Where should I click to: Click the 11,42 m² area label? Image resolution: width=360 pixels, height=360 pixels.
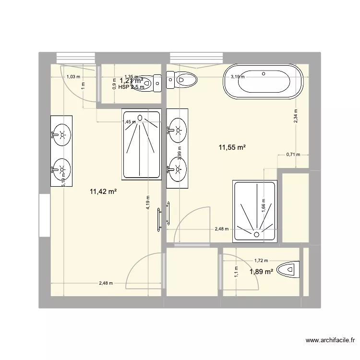(104, 192)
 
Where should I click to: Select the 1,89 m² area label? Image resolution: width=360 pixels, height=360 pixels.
(261, 272)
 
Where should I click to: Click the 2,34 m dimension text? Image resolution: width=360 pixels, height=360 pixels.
(296, 117)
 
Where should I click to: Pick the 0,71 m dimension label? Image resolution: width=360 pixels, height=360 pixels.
(293, 155)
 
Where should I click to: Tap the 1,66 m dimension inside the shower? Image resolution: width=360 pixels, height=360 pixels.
(264, 206)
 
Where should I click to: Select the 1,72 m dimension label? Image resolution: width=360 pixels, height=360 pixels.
(261, 261)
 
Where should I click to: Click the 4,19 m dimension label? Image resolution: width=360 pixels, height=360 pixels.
(148, 203)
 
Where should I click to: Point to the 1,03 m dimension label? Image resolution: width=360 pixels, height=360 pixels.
(73, 77)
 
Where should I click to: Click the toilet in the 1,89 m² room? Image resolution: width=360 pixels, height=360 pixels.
(290, 270)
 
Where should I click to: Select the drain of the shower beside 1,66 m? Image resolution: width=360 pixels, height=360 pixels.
(256, 234)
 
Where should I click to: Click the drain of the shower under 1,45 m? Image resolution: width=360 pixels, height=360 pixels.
(140, 117)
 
